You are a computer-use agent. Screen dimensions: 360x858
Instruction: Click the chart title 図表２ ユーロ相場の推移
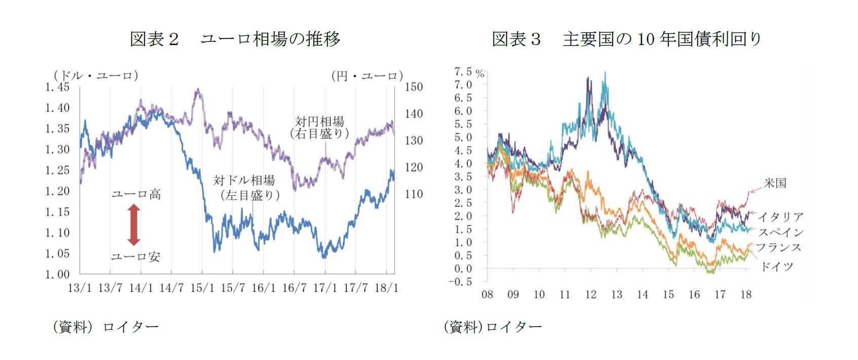[x=235, y=39]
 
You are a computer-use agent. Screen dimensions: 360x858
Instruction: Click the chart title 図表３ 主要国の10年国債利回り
[x=627, y=39]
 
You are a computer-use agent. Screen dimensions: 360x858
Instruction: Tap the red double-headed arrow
[x=134, y=225]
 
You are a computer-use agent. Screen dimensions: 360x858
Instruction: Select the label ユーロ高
[x=136, y=194]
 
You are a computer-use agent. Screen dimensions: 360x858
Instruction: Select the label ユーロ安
[x=135, y=257]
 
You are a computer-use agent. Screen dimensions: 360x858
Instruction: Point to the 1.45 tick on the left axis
[x=57, y=87]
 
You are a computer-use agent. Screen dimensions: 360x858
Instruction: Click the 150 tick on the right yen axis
[x=413, y=87]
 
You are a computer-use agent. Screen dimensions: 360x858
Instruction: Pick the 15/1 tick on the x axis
[x=202, y=288]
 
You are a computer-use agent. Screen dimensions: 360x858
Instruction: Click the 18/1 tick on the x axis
[x=386, y=288]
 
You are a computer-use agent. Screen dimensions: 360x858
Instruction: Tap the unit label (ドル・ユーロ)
[x=95, y=75]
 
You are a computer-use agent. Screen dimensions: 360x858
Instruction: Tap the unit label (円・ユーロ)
[x=367, y=76]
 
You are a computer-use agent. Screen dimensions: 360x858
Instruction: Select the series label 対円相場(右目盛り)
[x=319, y=127]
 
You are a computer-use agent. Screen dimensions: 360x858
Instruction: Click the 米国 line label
[x=775, y=183]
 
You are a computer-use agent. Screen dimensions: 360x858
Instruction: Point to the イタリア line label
[x=780, y=217]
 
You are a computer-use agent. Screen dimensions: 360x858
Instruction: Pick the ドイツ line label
[x=777, y=267]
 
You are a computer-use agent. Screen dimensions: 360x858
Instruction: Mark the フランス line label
[x=779, y=247]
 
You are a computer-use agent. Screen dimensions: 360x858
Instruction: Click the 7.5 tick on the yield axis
[x=463, y=72]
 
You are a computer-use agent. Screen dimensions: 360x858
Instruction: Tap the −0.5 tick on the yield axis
[x=460, y=281]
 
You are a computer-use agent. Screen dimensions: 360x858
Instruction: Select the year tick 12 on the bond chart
[x=590, y=295]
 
